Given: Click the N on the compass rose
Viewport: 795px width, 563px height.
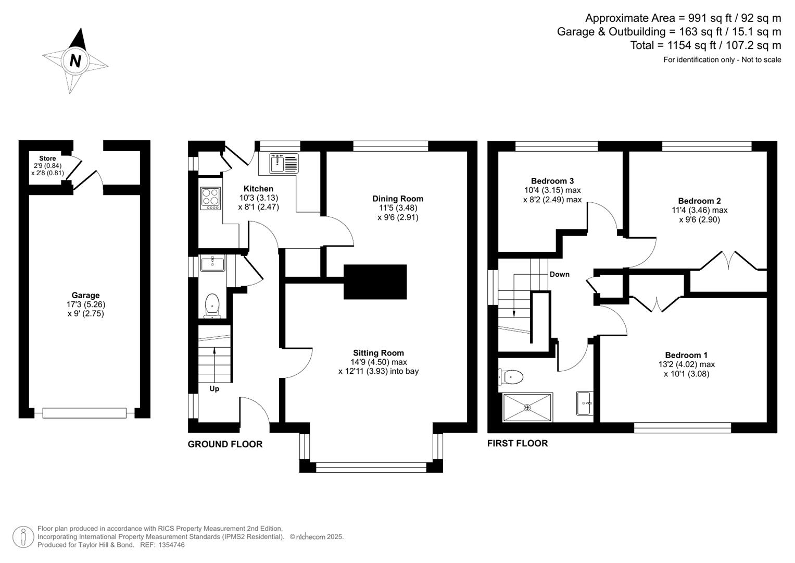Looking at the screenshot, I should [x=75, y=61].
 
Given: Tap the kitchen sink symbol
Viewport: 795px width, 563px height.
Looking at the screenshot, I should [x=284, y=163].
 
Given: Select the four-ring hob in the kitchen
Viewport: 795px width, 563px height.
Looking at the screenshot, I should [x=210, y=198].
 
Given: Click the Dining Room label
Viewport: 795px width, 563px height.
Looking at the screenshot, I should [x=398, y=199].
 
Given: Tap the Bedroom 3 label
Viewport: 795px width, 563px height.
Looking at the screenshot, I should [x=552, y=181].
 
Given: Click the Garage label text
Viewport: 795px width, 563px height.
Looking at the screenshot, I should [x=85, y=295].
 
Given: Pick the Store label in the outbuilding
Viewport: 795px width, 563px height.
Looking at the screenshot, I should [x=47, y=158].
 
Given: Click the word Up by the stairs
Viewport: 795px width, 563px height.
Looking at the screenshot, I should [x=214, y=389].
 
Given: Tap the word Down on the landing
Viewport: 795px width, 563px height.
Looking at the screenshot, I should [x=560, y=274].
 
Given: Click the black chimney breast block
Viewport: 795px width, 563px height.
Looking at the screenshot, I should [x=375, y=281].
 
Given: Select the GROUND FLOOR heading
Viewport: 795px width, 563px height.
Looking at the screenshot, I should [x=225, y=444].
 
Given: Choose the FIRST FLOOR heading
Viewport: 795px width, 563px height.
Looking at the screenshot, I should [x=518, y=443].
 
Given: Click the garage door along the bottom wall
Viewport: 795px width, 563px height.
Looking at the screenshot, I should [x=84, y=413].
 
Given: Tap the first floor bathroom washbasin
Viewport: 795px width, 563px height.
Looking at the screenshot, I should [x=584, y=403].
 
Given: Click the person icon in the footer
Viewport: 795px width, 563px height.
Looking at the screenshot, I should [x=23, y=536].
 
